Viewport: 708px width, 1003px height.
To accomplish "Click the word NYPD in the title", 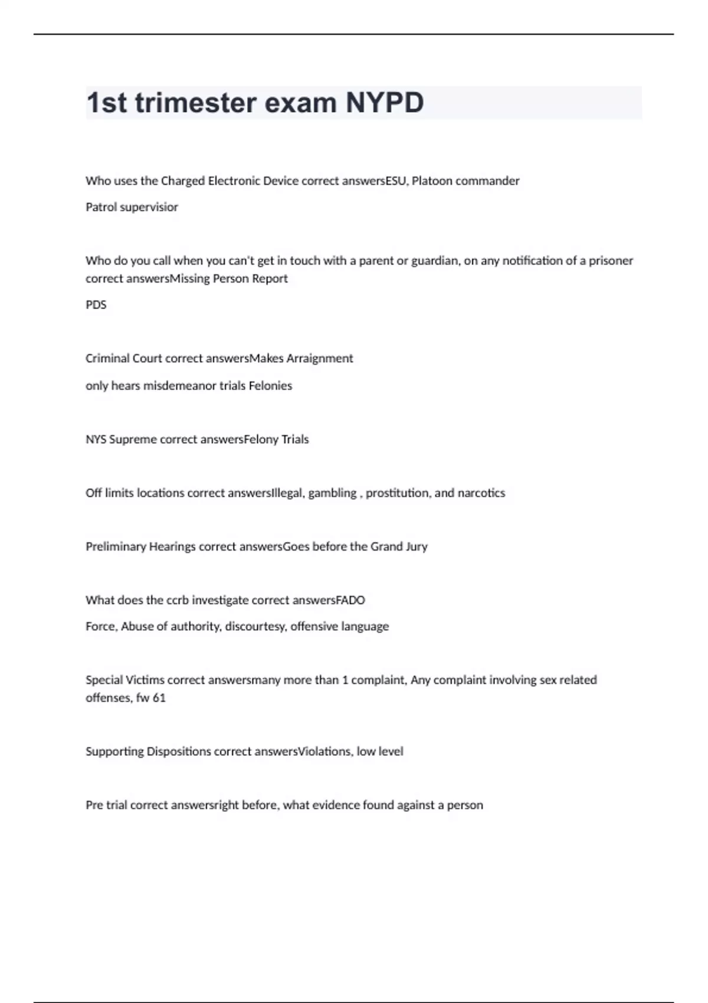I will [384, 103].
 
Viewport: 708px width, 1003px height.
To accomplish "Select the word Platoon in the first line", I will [432, 181].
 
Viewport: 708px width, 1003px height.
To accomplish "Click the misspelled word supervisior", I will [149, 207].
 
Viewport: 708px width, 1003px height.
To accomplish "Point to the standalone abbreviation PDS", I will [96, 305].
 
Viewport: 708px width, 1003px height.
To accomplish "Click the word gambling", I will [332, 493].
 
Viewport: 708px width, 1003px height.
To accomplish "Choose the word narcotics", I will [481, 493].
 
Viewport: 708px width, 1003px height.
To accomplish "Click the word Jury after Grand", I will [417, 547].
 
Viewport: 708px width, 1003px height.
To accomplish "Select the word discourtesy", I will [255, 627].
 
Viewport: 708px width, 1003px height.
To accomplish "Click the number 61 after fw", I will [159, 698].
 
